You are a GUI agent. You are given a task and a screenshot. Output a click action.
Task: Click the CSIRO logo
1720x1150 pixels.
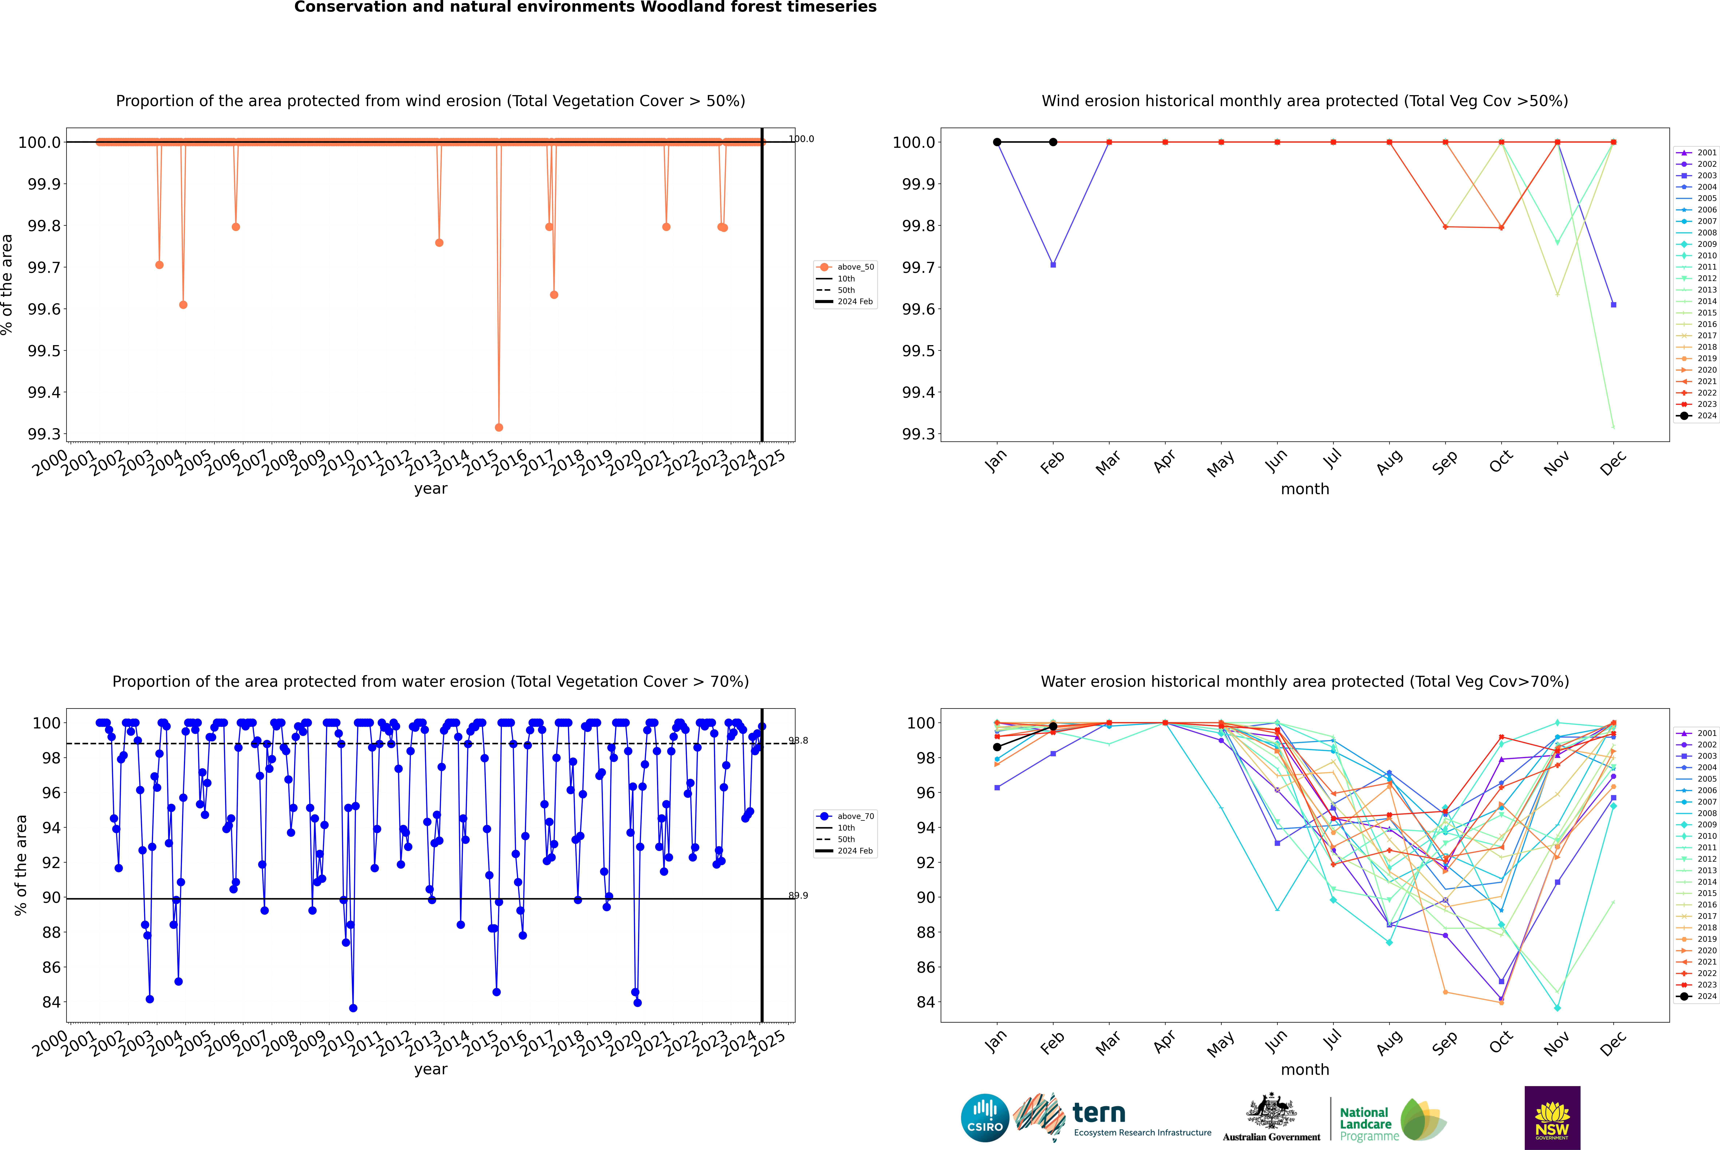[985, 1118]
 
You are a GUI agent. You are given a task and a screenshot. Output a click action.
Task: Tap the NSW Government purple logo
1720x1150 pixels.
[1552, 1118]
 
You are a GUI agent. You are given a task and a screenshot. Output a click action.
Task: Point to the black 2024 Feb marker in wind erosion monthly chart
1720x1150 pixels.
[1053, 142]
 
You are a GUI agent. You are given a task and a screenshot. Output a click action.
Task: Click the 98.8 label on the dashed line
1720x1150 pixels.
[798, 741]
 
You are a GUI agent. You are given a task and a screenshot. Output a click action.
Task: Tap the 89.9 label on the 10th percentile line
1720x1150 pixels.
[798, 896]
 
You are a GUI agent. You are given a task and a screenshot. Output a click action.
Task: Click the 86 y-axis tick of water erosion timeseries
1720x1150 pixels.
[51, 967]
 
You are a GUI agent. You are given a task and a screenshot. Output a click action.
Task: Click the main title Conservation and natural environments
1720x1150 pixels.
[585, 7]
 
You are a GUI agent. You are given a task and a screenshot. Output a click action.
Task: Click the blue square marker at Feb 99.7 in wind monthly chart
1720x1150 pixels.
[1053, 265]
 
